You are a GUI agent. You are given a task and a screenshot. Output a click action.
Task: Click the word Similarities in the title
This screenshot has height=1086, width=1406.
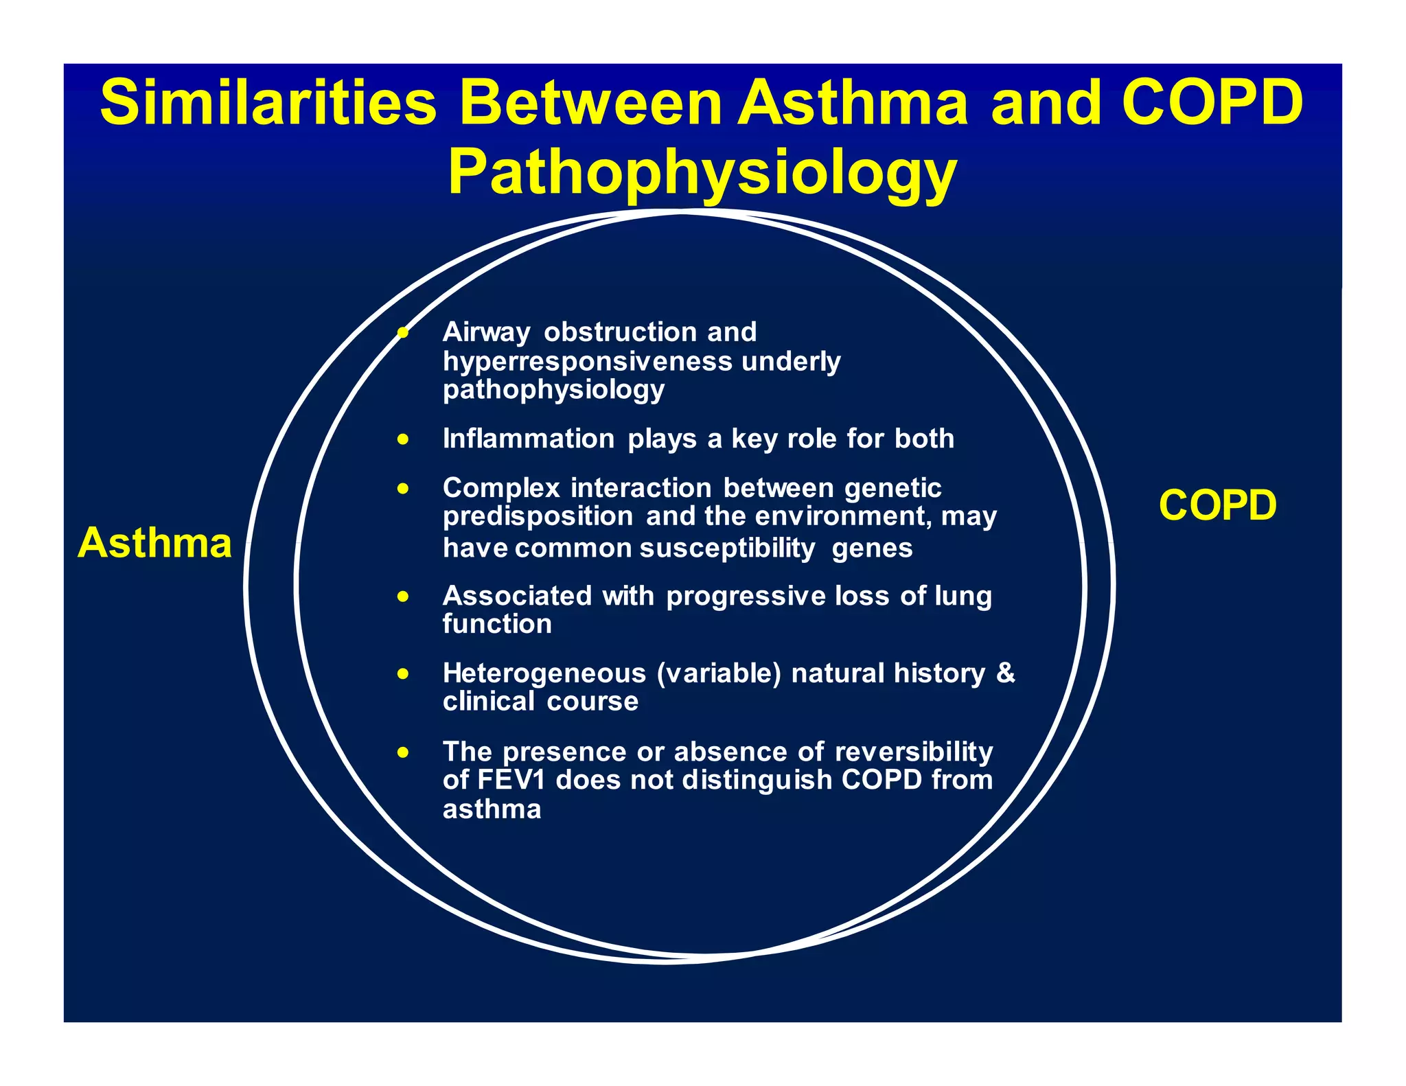coord(268,102)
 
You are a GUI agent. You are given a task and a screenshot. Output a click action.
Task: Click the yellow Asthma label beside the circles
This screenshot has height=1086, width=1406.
coord(154,543)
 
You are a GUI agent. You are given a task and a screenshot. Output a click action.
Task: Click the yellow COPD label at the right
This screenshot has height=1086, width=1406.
coord(1217,505)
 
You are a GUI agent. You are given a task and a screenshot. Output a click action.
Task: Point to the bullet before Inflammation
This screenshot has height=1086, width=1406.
coord(403,439)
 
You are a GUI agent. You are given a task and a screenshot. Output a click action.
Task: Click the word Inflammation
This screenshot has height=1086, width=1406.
coord(528,439)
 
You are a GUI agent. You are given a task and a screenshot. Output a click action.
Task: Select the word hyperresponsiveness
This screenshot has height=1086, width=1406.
coord(587,361)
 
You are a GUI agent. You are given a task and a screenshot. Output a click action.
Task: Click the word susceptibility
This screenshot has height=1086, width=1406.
coord(727,548)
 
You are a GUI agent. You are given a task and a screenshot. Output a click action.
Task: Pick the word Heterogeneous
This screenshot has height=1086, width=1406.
coord(544,673)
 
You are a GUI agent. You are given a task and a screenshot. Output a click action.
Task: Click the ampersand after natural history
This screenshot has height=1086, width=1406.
coord(1006,672)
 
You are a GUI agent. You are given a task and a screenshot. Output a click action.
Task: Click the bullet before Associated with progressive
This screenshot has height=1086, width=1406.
coord(403,597)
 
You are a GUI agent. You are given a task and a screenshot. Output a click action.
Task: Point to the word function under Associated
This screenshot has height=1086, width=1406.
coord(497,625)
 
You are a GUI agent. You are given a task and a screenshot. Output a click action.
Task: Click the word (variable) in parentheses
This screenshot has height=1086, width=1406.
coord(719,673)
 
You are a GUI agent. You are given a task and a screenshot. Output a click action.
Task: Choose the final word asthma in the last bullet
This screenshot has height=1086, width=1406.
coord(492,810)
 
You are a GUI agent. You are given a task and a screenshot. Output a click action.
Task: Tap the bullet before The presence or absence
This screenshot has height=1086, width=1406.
coord(403,752)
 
